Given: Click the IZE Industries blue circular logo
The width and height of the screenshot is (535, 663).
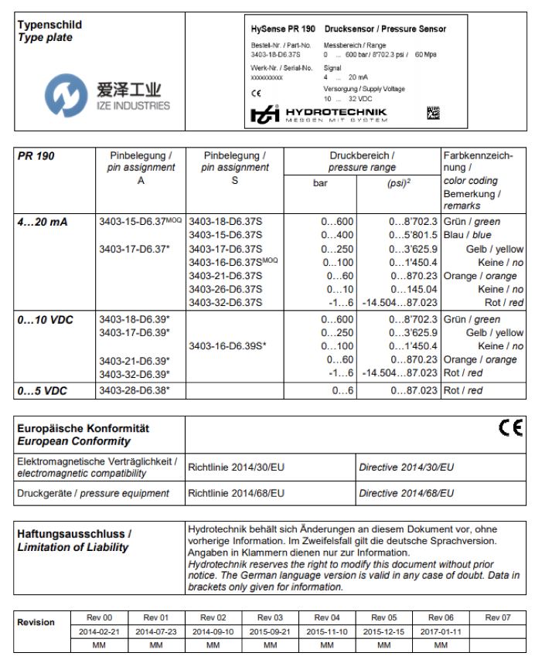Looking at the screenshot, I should pyautogui.click(x=60, y=93).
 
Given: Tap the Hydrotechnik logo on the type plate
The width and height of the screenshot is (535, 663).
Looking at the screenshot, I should pyautogui.click(x=318, y=114).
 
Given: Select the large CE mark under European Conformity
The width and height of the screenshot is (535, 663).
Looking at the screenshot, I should pyautogui.click(x=510, y=427).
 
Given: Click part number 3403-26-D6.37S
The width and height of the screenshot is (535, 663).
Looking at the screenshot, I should pyautogui.click(x=225, y=289).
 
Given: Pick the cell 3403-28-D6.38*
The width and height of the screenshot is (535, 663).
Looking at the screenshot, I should pyautogui.click(x=134, y=391).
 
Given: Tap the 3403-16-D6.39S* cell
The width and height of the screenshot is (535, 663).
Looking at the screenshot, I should pyautogui.click(x=227, y=345).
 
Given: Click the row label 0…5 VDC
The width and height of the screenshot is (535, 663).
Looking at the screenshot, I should pyautogui.click(x=43, y=391).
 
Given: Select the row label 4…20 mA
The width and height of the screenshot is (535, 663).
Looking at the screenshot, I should pyautogui.click(x=43, y=222).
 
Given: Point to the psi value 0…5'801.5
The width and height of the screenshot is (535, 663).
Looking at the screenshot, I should pyautogui.click(x=413, y=235).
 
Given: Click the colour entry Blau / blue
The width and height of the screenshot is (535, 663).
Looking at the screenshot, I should pyautogui.click(x=468, y=235).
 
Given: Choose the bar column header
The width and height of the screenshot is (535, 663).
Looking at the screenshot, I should pyautogui.click(x=320, y=184).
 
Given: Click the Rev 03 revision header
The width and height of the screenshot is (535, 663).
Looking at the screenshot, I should pyautogui.click(x=270, y=617).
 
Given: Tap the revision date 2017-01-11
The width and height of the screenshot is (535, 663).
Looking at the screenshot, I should pyautogui.click(x=441, y=631).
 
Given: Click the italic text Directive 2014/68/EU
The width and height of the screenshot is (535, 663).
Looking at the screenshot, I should pyautogui.click(x=406, y=492).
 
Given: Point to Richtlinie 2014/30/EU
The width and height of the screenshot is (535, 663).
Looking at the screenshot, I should pyautogui.click(x=237, y=467).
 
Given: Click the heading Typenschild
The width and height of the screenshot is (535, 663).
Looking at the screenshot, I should pyautogui.click(x=49, y=25).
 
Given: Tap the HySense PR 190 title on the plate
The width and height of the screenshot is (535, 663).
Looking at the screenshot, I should pyautogui.click(x=283, y=29).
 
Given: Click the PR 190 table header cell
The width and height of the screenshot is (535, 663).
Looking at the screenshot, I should pyautogui.click(x=36, y=155).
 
